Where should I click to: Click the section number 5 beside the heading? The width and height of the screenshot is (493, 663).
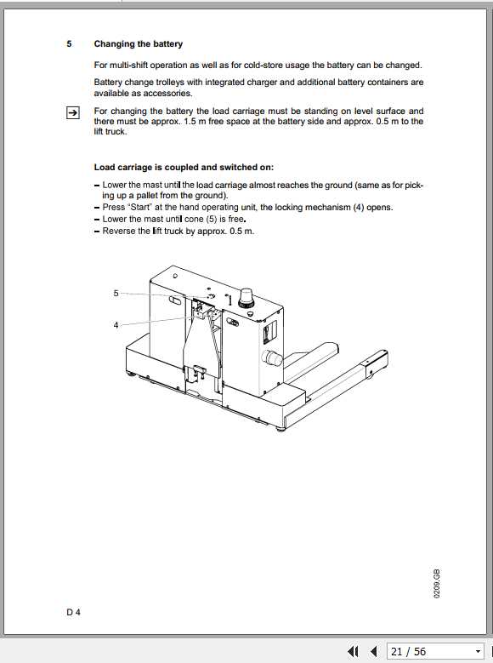69,44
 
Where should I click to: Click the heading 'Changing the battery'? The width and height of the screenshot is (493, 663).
138,44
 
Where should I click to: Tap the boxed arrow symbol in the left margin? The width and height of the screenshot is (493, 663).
73,111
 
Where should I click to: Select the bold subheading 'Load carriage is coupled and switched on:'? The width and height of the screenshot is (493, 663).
184,167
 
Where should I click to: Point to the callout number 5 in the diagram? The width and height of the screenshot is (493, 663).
116,293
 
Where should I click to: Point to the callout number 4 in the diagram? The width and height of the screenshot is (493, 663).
116,324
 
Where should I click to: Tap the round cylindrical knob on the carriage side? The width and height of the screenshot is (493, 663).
272,357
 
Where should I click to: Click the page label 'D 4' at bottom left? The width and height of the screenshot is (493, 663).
74,611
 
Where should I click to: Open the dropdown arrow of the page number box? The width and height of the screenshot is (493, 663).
478,652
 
